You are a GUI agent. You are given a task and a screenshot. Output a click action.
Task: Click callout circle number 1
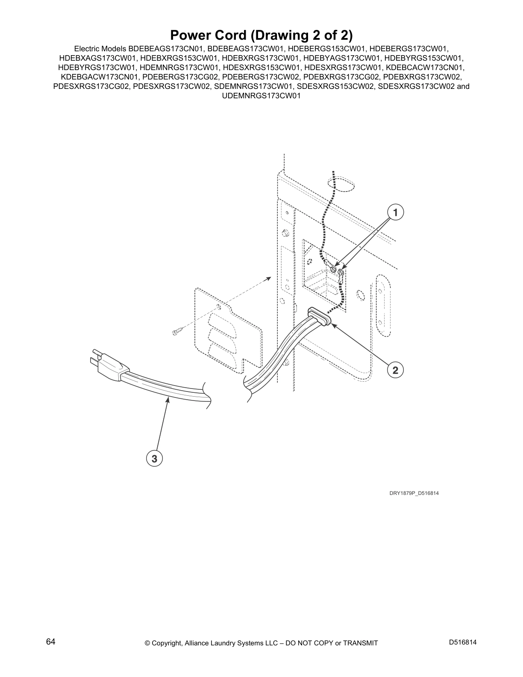pyautogui.click(x=395, y=212)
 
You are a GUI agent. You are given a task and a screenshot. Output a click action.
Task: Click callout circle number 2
pyautogui.click(x=395, y=370)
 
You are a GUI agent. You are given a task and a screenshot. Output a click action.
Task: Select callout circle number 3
pyautogui.click(x=154, y=459)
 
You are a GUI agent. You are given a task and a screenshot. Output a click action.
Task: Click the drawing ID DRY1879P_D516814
pyautogui.click(x=414, y=493)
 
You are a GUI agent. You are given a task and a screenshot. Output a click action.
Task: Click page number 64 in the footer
pyautogui.click(x=51, y=642)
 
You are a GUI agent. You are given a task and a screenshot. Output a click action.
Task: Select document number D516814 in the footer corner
pyautogui.click(x=462, y=642)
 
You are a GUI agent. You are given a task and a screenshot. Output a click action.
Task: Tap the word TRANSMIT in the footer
pyautogui.click(x=360, y=643)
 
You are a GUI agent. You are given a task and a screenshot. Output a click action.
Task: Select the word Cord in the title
pyautogui.click(x=228, y=35)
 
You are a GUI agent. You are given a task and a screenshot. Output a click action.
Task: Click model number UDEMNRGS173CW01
pyautogui.click(x=261, y=96)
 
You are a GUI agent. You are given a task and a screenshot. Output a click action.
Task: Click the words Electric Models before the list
pyautogui.click(x=100, y=49)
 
